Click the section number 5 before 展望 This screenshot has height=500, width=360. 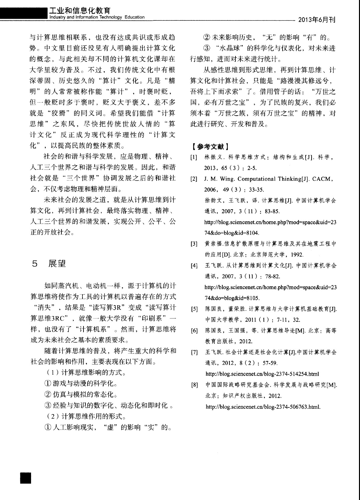34,264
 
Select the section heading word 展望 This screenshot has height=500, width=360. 57,264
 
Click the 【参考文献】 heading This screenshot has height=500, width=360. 210,146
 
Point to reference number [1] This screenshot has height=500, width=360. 194,157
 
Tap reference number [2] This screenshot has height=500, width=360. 194,179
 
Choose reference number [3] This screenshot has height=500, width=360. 194,244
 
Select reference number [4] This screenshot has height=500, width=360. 194,266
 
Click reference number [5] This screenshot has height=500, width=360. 194,309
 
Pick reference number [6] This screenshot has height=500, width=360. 194,331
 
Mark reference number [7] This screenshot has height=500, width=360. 194,353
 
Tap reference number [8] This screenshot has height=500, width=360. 194,385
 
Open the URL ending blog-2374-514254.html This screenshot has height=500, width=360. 262,374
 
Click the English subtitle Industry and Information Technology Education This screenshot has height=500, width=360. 97,17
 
